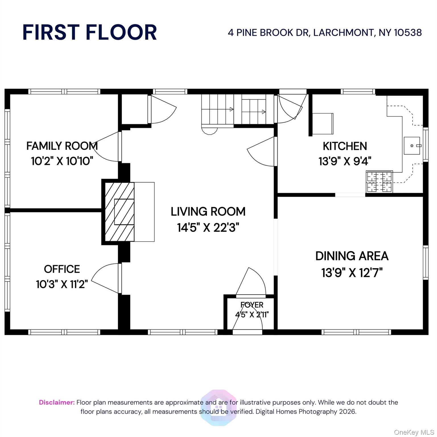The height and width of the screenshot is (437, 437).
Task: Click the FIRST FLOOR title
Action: coord(90,32)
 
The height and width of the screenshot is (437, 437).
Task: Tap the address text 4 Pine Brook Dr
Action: coord(269,33)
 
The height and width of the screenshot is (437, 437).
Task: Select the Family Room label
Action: coord(62,146)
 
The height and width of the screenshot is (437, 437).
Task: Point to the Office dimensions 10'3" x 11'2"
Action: coord(62,284)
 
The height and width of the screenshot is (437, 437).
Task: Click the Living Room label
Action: coord(208,211)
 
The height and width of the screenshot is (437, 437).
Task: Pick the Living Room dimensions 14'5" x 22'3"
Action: coord(208,228)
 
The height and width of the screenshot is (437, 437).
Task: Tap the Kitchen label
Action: coord(345,146)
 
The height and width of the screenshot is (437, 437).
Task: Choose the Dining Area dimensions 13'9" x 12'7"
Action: coord(352,273)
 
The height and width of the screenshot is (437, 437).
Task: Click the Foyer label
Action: coord(252,305)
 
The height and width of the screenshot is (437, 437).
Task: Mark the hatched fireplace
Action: coord(120,212)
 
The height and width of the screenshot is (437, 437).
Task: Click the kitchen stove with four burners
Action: coord(379,182)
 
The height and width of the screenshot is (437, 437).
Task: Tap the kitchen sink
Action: coord(412,146)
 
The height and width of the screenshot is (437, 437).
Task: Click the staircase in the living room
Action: coord(234,111)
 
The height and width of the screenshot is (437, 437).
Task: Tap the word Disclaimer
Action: coord(57,402)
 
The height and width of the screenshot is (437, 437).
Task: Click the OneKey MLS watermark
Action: coord(414,432)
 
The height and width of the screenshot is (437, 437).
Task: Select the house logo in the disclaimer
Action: coord(218,407)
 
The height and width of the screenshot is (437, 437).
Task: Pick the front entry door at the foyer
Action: coord(247,332)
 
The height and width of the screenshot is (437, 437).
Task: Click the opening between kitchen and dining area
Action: coord(350,195)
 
